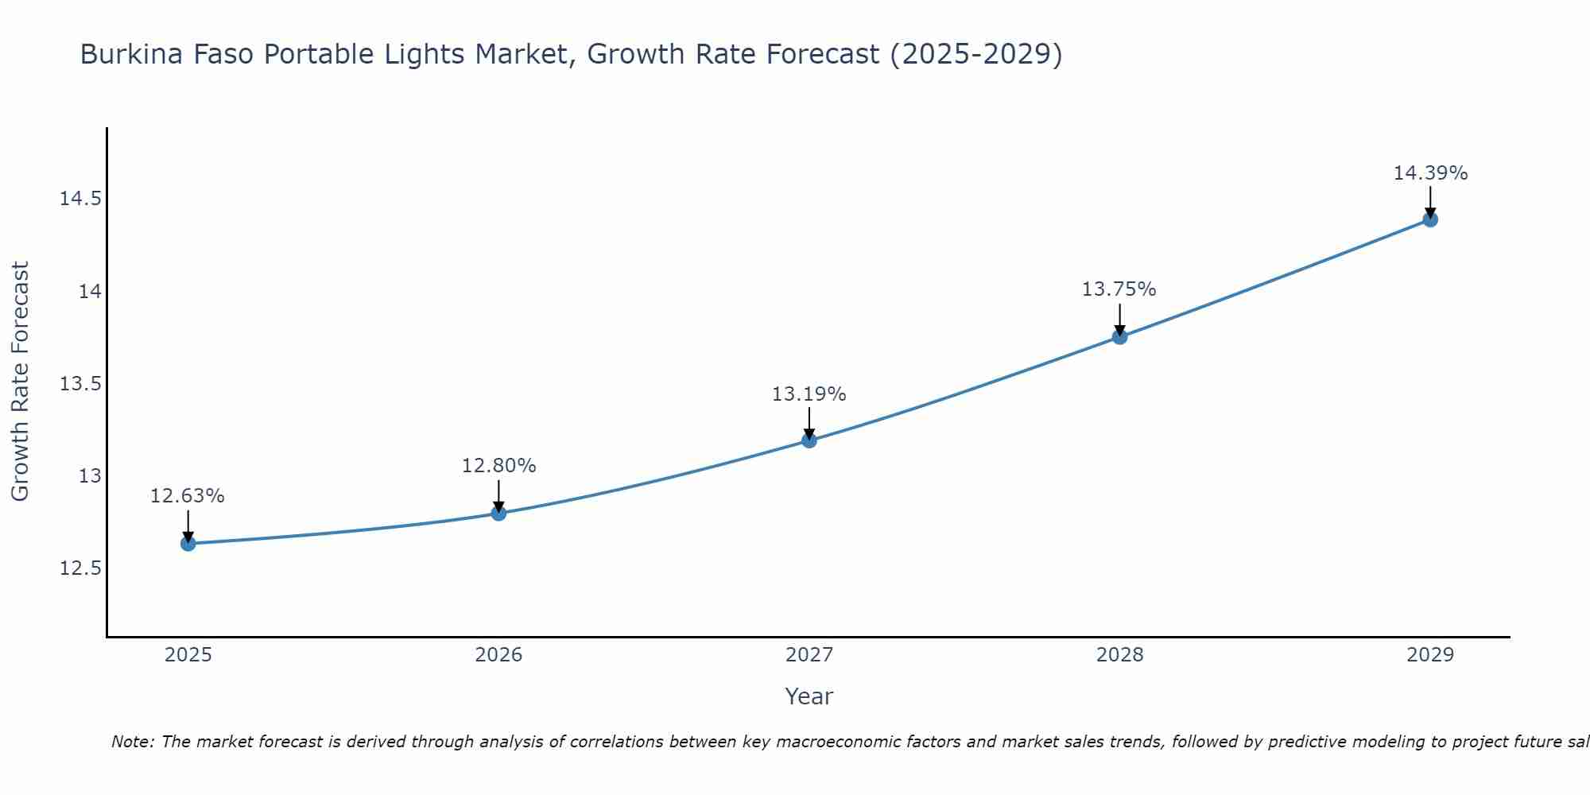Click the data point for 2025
point(188,544)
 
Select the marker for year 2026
point(498,513)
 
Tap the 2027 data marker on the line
point(809,440)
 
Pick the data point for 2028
point(1119,336)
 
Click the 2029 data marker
point(1430,219)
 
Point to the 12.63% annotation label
point(188,496)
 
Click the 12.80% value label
point(498,466)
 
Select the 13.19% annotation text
point(809,394)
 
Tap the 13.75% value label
point(1119,289)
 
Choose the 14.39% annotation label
point(1430,173)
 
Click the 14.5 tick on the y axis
point(80,199)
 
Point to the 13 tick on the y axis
point(90,476)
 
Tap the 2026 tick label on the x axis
point(498,655)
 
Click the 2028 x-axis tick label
point(1119,655)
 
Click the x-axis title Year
point(809,696)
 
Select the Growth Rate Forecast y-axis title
point(20,382)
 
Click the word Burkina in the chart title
point(127,55)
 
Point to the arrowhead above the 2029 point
point(1430,213)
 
